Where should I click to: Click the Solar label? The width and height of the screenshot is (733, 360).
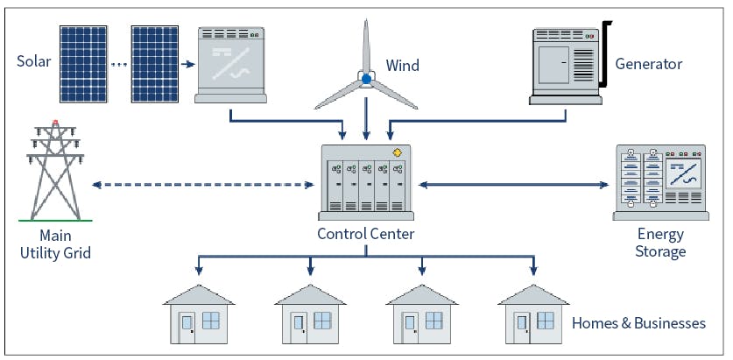coord(34,61)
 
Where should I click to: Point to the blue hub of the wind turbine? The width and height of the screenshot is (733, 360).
coord(366,79)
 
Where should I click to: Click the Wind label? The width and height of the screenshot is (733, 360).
coord(402,66)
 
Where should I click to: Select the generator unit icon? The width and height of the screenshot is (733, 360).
coord(567,64)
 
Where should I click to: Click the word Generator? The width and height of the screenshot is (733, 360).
coord(649,64)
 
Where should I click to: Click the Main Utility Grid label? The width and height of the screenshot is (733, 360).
coord(54,244)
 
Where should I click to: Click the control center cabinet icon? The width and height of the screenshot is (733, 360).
coord(365,182)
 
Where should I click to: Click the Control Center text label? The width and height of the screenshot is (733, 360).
coord(366,233)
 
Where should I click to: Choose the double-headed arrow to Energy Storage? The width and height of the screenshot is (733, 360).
coord(512,185)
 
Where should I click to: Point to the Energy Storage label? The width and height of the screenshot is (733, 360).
coord(661,244)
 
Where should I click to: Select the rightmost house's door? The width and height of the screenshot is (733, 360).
coord(522,327)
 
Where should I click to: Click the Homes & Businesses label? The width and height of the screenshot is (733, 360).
coord(638,323)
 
